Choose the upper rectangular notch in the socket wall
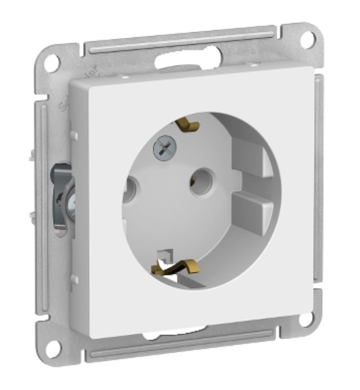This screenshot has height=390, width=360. click(x=251, y=157)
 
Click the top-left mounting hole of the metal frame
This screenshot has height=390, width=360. click(x=51, y=62)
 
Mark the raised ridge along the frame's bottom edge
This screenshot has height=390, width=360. click(x=181, y=345)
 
